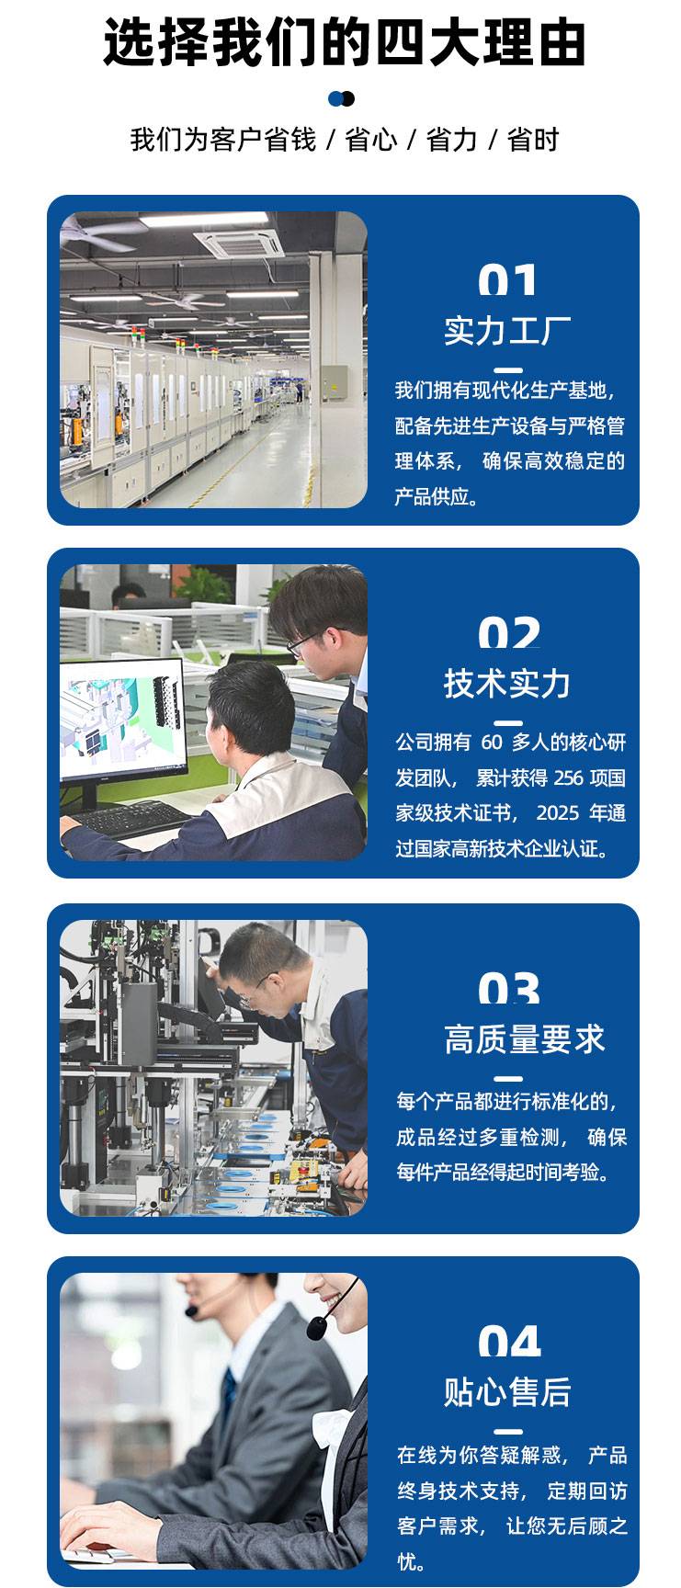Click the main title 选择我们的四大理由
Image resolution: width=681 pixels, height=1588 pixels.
(x=344, y=42)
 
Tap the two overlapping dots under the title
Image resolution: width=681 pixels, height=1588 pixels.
(x=341, y=98)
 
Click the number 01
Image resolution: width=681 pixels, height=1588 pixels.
(x=508, y=280)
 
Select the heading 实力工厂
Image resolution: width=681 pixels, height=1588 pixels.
(x=507, y=331)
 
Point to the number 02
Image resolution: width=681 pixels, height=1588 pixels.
(x=509, y=633)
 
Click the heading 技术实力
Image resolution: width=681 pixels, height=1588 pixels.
(x=507, y=684)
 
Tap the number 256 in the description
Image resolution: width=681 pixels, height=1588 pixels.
(x=569, y=778)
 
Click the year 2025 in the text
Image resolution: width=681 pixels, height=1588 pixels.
(x=559, y=813)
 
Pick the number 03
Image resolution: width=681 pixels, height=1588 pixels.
(x=509, y=989)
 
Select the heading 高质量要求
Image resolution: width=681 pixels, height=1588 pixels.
(x=524, y=1040)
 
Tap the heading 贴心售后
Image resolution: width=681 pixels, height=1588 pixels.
(x=507, y=1392)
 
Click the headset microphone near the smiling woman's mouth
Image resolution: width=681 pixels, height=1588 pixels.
(x=317, y=1327)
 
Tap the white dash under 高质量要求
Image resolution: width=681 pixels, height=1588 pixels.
(x=507, y=1079)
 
